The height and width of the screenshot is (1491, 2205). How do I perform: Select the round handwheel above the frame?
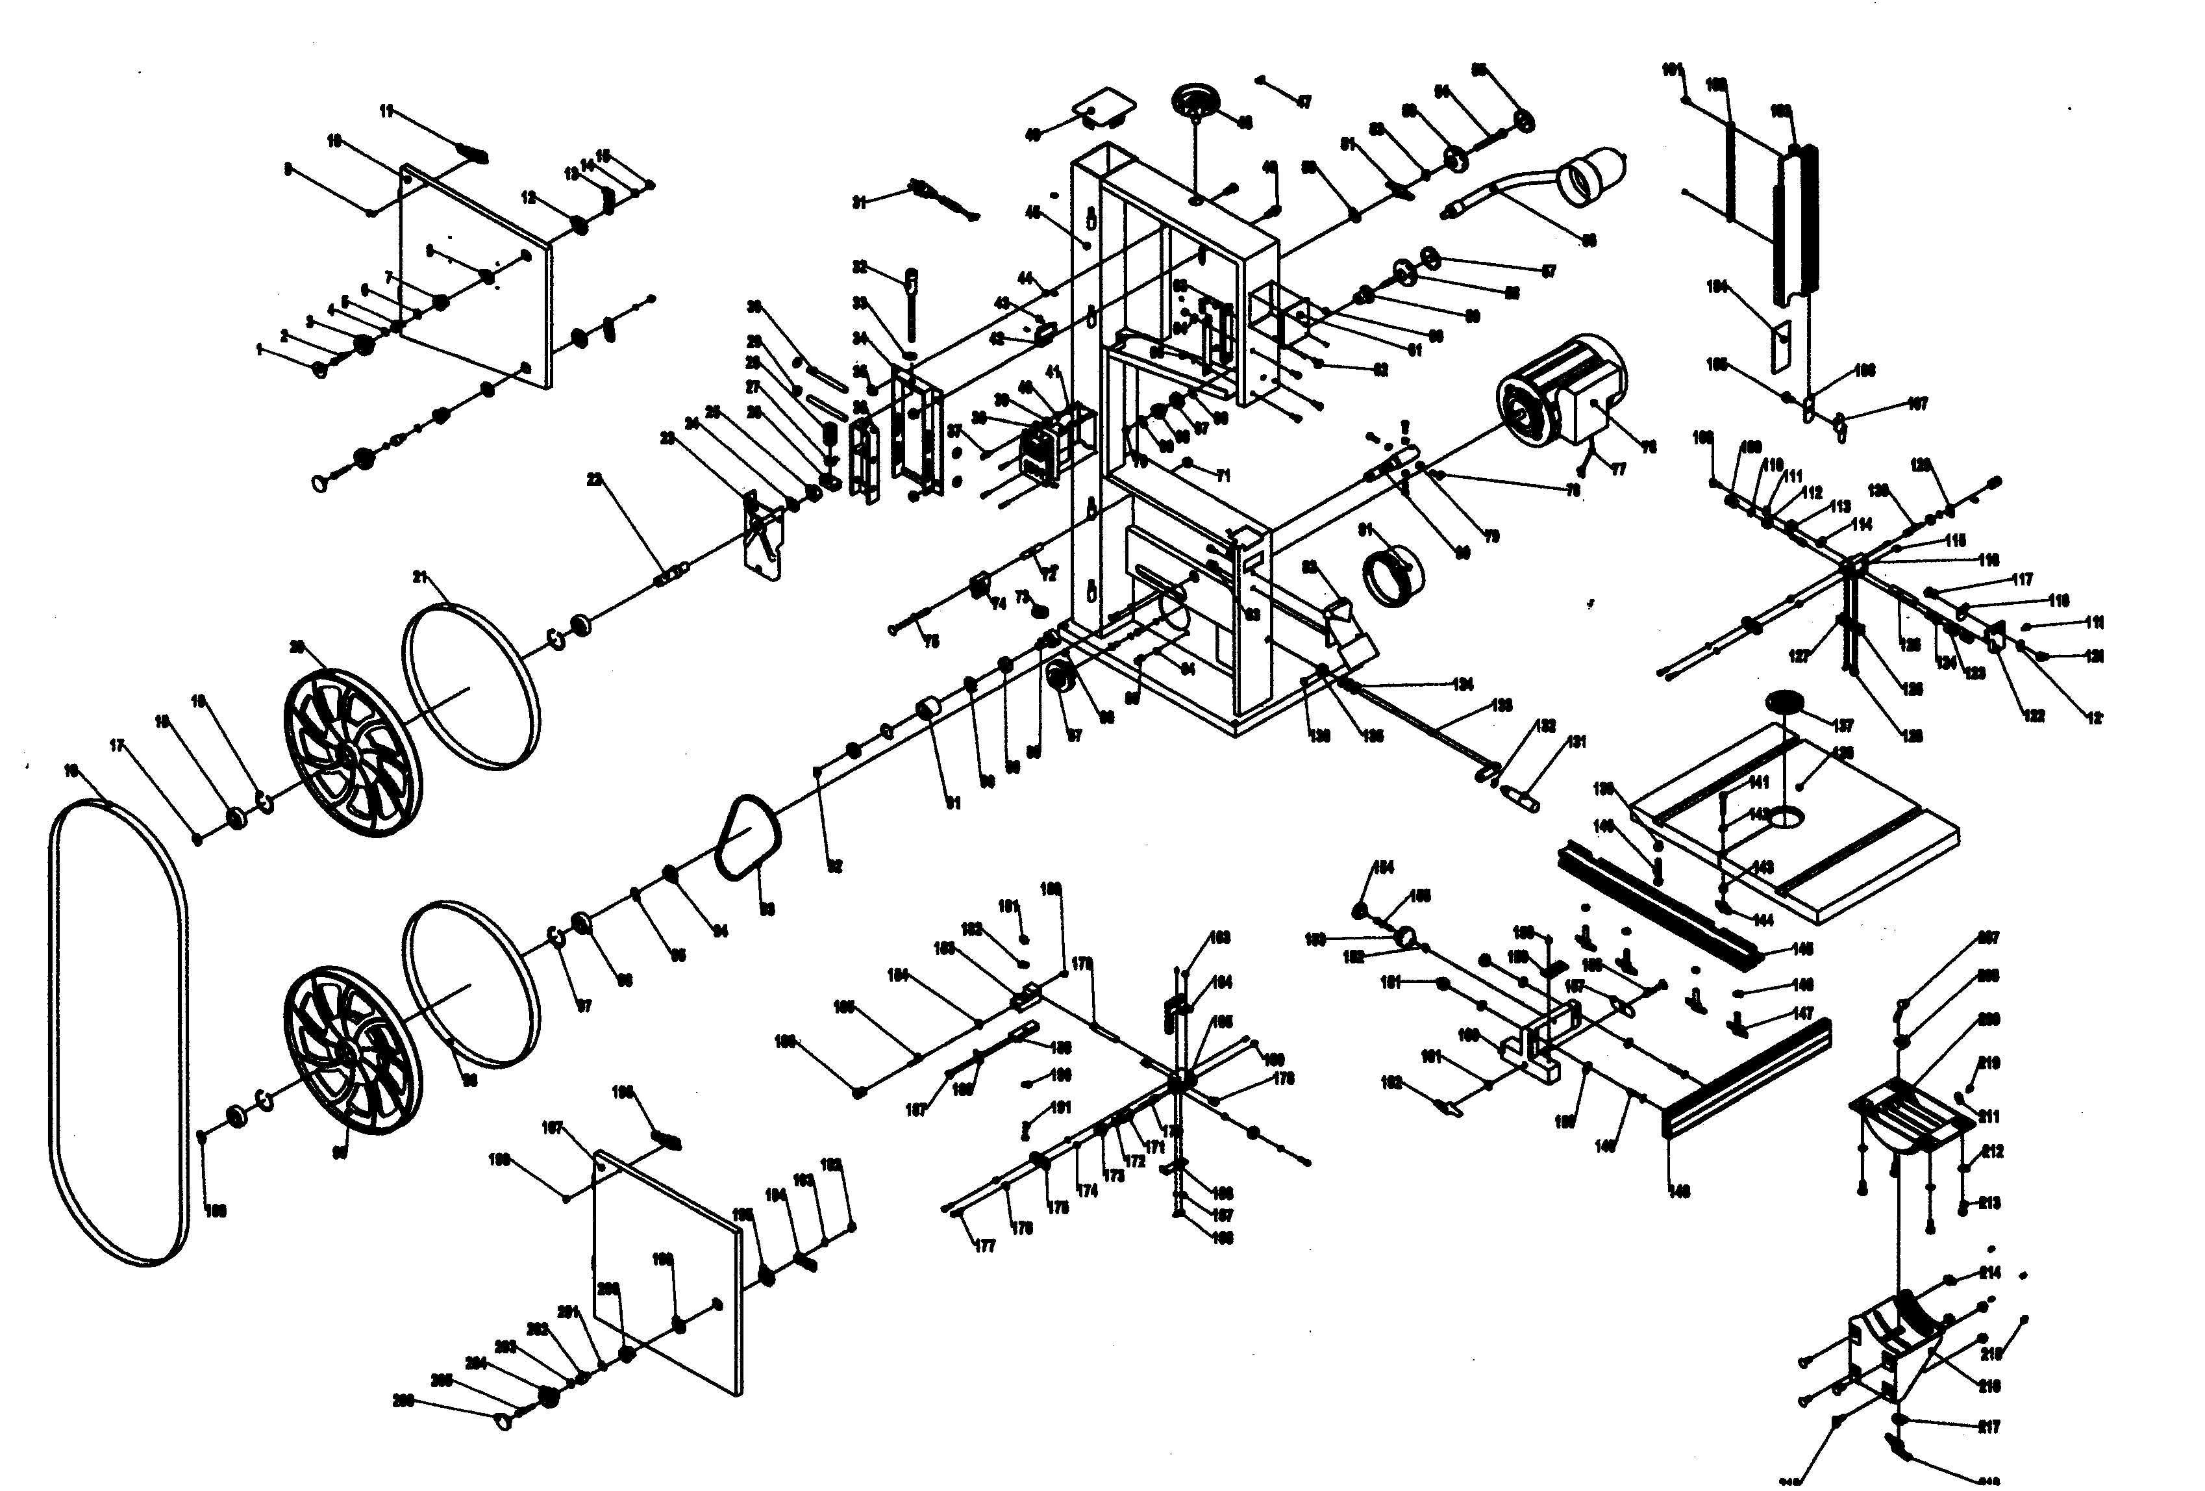(x=1197, y=101)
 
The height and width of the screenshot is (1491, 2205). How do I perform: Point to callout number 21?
(x=422, y=577)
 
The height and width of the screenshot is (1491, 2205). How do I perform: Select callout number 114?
(x=1862, y=524)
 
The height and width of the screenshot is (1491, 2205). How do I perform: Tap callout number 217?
(x=1989, y=1427)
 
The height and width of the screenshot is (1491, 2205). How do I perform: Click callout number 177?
(x=985, y=1246)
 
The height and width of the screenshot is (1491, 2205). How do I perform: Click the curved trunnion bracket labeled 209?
(x=1905, y=1122)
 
